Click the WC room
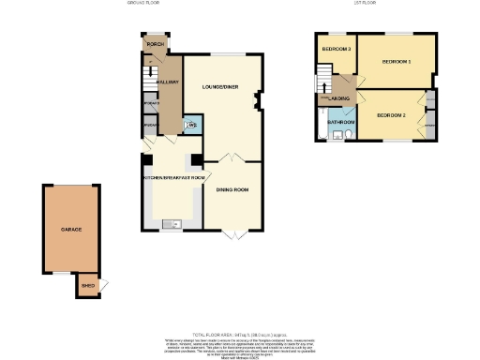[x=190, y=125]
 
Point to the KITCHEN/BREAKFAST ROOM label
[x=172, y=176]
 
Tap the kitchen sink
[x=172, y=223]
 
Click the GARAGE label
[x=71, y=230]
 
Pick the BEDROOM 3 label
[x=336, y=49]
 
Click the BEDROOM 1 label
[x=396, y=62]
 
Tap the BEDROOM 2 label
[x=390, y=114]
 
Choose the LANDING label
[x=339, y=97]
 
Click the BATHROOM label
[x=340, y=123]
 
